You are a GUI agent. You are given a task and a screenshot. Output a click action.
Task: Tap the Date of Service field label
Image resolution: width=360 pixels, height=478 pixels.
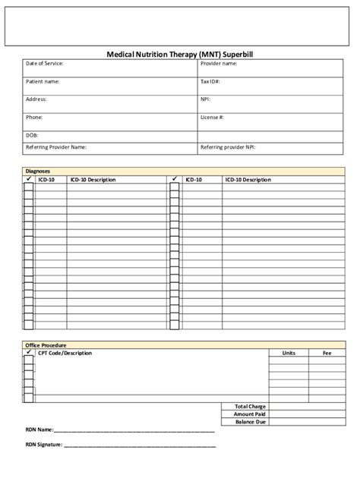point(45,64)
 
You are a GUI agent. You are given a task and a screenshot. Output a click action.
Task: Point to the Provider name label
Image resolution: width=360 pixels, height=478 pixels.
point(219,64)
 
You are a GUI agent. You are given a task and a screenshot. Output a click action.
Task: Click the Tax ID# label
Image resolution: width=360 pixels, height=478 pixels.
point(210,81)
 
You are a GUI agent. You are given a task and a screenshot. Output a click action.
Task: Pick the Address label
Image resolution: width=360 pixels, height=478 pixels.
point(36,99)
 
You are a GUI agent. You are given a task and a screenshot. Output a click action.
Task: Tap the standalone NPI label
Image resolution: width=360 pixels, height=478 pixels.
point(205,99)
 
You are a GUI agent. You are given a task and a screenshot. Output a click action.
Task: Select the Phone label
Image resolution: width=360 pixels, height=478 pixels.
point(34,118)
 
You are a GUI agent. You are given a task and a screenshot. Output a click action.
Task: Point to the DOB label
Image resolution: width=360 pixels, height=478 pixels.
point(33,136)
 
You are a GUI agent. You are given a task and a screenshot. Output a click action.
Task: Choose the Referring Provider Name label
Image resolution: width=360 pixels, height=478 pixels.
point(56,147)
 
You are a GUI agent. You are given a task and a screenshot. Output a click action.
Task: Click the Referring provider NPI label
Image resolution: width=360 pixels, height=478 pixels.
point(228,147)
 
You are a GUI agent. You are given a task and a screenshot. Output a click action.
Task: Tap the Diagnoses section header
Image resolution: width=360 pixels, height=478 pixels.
point(38,172)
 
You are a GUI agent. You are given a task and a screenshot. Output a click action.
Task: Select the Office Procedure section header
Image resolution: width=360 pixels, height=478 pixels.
point(46,345)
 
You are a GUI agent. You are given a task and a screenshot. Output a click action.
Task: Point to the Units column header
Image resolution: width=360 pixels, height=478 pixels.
point(289,353)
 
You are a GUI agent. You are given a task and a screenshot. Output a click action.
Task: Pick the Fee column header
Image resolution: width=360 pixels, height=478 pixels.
point(327,353)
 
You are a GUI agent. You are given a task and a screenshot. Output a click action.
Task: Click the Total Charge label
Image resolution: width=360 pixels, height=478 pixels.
point(250,406)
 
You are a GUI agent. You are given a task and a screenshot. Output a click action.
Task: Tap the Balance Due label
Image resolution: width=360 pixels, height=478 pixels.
point(251,422)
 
